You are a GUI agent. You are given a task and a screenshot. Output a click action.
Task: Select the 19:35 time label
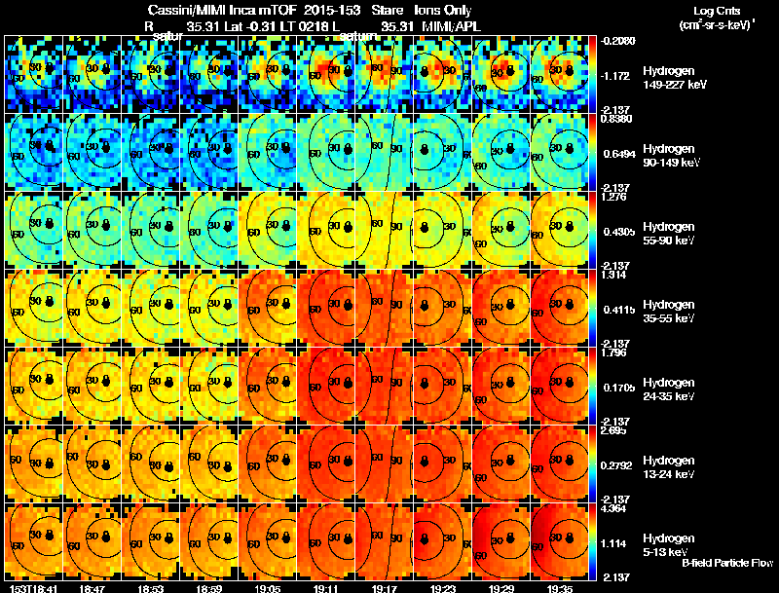tap(560, 588)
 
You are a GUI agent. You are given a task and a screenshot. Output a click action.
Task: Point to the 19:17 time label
tap(383, 588)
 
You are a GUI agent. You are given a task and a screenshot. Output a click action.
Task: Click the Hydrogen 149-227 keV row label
tap(671, 78)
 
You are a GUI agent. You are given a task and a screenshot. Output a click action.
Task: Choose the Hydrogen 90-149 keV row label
tap(670, 156)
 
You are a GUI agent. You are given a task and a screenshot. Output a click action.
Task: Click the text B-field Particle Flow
tap(726, 563)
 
